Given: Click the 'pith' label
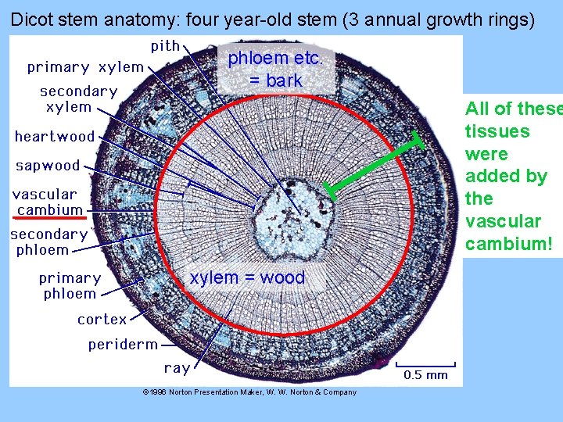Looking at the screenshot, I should pyautogui.click(x=165, y=46).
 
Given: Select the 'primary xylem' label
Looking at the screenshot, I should pyautogui.click(x=85, y=67).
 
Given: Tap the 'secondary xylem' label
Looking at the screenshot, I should pyautogui.click(x=78, y=99).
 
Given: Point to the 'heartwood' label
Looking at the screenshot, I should pyautogui.click(x=55, y=137).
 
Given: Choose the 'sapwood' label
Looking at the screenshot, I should pyautogui.click(x=48, y=166).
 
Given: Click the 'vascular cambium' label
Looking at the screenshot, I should pyautogui.click(x=47, y=202).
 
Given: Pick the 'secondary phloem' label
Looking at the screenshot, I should pyautogui.click(x=48, y=242).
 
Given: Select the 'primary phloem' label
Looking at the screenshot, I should pyautogui.click(x=70, y=286).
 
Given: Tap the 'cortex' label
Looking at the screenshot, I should pyautogui.click(x=102, y=320).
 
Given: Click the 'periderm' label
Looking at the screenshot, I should pyautogui.click(x=123, y=345).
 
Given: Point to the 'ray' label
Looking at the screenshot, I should pyautogui.click(x=177, y=368).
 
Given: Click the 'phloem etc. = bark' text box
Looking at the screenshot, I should pyautogui.click(x=280, y=70).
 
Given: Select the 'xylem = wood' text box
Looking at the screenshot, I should pyautogui.click(x=247, y=277).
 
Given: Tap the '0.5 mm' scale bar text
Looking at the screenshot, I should pyautogui.click(x=425, y=375).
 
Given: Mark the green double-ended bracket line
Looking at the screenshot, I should pyautogui.click(x=375, y=166).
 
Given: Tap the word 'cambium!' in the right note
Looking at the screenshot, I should pyautogui.click(x=509, y=244).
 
